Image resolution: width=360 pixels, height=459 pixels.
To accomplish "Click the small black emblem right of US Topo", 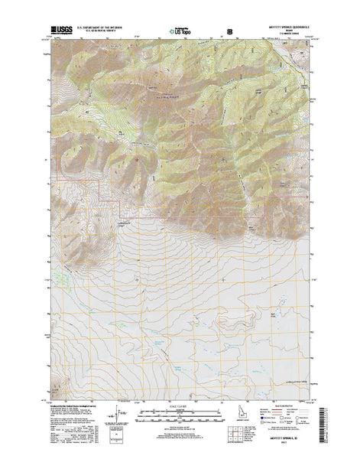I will click(x=230, y=33).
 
